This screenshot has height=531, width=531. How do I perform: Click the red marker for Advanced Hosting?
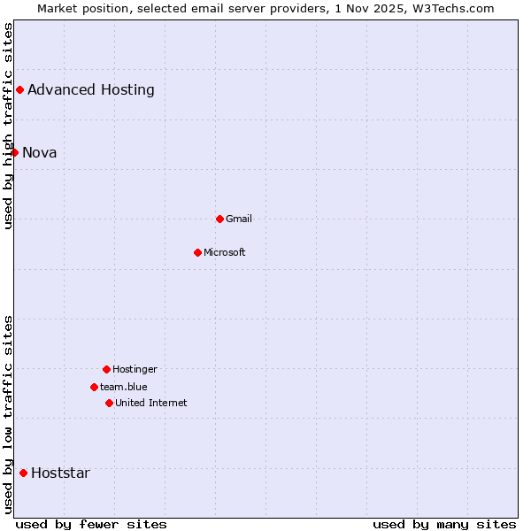19,89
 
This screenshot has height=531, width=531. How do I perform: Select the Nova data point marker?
14,152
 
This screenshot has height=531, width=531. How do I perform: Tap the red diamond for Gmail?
219,219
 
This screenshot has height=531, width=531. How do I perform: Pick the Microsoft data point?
197,252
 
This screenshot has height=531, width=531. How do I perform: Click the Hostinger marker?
106,369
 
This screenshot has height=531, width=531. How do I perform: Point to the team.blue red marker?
94,387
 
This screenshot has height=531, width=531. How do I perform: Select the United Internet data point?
109,403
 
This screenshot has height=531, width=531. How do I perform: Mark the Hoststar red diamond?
23,473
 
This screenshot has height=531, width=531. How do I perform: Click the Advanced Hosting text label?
91,89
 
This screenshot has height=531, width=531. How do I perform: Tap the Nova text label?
40,152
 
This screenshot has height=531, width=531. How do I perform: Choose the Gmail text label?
239,219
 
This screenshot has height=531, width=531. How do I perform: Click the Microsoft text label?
225,252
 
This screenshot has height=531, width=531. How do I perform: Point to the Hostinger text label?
135,369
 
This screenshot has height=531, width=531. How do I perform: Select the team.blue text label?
124,387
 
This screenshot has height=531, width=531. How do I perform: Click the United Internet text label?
151,403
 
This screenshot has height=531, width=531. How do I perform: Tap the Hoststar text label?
60,473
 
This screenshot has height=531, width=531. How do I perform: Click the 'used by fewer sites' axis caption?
91,524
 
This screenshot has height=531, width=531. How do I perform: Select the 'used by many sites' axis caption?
444,524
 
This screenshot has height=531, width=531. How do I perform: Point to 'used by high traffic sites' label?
8,126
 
